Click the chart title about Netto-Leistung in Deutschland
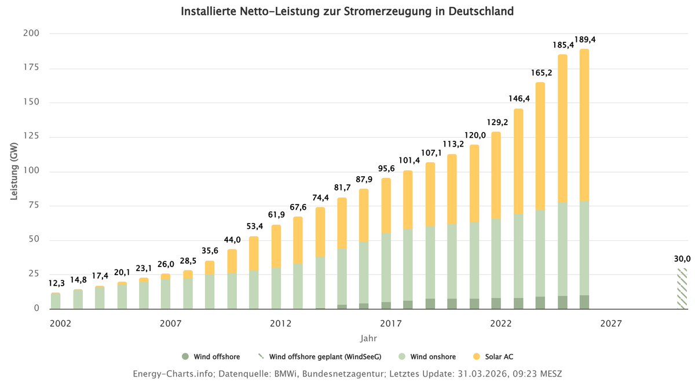coord(347,12)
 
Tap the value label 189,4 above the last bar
coord(585,40)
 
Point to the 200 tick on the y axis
coord(32,33)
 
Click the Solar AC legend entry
coord(492,357)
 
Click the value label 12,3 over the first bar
coord(56,283)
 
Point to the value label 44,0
coord(232,239)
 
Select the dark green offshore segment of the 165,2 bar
coord(540,303)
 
